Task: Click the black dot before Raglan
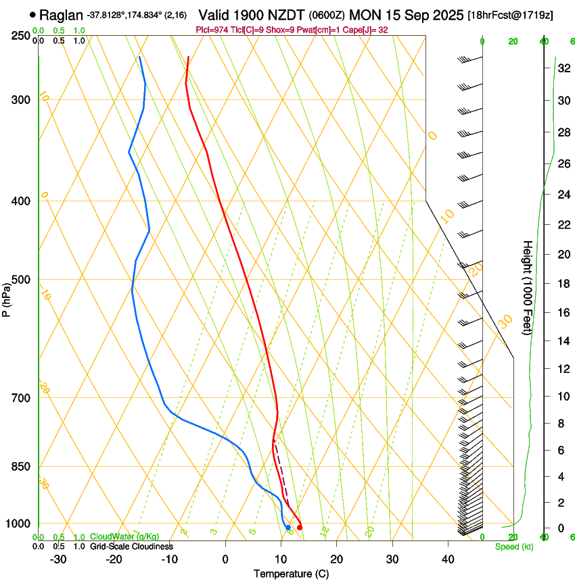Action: (32, 14)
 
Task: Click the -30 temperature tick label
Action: (58, 559)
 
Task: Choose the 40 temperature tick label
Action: (447, 559)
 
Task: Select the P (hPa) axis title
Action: (7, 297)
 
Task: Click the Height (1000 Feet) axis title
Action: (528, 287)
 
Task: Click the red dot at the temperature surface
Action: (300, 527)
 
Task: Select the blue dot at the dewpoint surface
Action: (288, 527)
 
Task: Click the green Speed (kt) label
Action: (513, 547)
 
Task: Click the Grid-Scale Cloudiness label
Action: (131, 547)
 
